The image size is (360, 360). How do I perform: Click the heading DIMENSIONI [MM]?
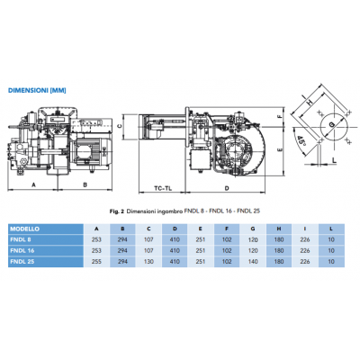coord(37,91)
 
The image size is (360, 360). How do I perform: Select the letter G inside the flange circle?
coord(329,123)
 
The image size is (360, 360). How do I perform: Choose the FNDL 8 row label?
coord(22,240)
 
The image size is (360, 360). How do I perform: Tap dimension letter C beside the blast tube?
coord(121,125)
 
